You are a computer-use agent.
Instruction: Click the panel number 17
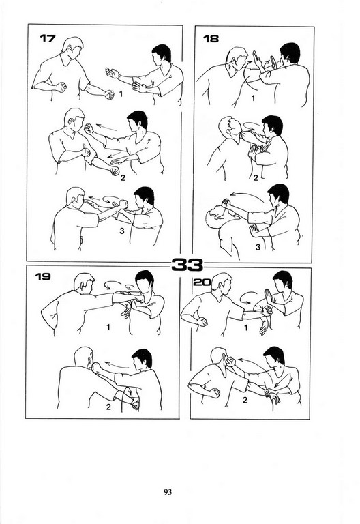[x=48, y=38]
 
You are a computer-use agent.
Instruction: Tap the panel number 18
[x=211, y=39]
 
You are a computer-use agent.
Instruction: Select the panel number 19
[x=43, y=276]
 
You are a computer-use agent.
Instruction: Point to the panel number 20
[x=202, y=282]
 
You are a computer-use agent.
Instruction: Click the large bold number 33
[x=187, y=265]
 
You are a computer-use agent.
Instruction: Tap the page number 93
[x=168, y=492]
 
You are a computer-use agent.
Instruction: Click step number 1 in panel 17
[x=121, y=94]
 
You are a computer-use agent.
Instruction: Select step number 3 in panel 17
[x=122, y=231]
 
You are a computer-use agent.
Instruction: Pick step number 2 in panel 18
[x=256, y=178]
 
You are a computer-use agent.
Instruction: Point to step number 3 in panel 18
[x=258, y=247]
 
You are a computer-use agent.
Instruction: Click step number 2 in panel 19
[x=108, y=407]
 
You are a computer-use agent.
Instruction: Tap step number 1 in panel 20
[x=246, y=327]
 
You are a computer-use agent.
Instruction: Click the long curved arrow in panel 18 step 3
[x=246, y=194]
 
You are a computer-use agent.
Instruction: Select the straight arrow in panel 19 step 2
[x=117, y=364]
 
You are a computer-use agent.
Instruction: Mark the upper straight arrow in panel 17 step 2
[x=106, y=128]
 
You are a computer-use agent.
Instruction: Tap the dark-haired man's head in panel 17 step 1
[x=161, y=54]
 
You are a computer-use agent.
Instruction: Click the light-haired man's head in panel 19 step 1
[x=84, y=283]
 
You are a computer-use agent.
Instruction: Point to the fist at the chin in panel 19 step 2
[x=96, y=367]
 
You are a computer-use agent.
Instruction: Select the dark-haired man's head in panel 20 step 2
[x=274, y=357]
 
